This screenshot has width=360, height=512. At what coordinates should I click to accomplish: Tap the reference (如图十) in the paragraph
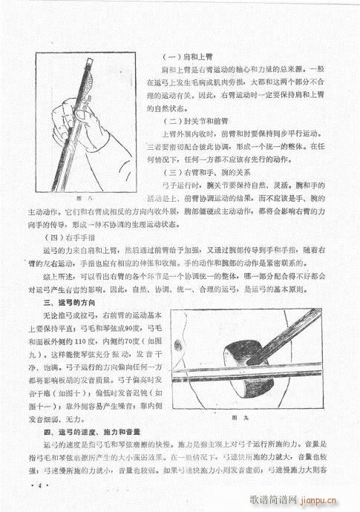click(x=73, y=393)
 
